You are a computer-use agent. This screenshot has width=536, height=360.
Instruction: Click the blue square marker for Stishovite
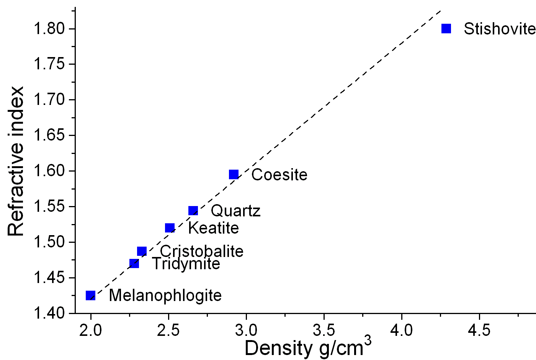pos(446,28)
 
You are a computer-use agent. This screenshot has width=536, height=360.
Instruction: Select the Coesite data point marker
pos(234,175)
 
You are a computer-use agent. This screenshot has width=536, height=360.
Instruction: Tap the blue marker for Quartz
pos(193,211)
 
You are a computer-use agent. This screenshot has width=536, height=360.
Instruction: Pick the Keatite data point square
pos(170,228)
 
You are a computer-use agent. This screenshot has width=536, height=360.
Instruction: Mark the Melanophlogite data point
pos(90,295)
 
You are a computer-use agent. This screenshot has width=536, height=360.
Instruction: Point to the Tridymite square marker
pos(134,263)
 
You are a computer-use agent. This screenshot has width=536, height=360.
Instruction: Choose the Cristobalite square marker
pos(142,251)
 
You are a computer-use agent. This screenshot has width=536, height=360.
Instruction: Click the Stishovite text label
pos(499,29)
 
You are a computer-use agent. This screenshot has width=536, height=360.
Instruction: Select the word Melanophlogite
pos(165,296)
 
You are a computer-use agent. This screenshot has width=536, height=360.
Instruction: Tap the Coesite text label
pos(279,175)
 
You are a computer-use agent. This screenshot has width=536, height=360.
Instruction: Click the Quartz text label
pos(235,211)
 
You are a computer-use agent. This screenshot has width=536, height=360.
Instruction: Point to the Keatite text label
pos(213,228)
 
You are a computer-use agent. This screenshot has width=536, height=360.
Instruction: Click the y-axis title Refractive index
pos(16,161)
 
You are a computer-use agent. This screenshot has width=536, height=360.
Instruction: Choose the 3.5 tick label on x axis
pos(324,330)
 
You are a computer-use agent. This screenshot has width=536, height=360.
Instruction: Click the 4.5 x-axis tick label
pos(479,330)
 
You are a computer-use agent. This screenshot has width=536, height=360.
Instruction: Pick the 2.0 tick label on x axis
pos(91,330)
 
